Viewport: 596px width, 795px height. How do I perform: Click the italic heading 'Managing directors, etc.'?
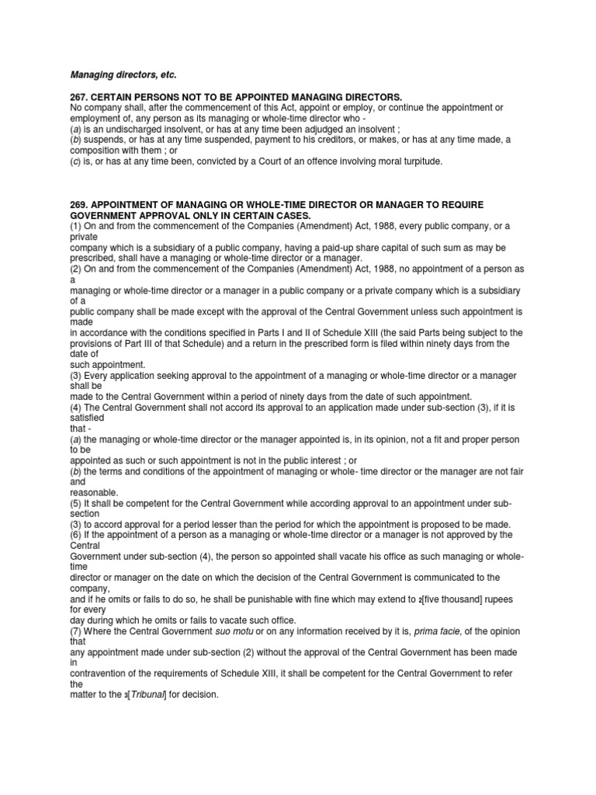123,75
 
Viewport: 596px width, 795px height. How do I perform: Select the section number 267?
80,96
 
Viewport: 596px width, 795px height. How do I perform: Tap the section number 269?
80,204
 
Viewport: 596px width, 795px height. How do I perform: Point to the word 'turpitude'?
416,161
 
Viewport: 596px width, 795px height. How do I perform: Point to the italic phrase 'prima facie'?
438,631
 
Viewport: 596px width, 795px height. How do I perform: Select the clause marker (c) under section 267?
77,161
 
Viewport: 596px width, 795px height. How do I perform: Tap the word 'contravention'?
103,674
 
